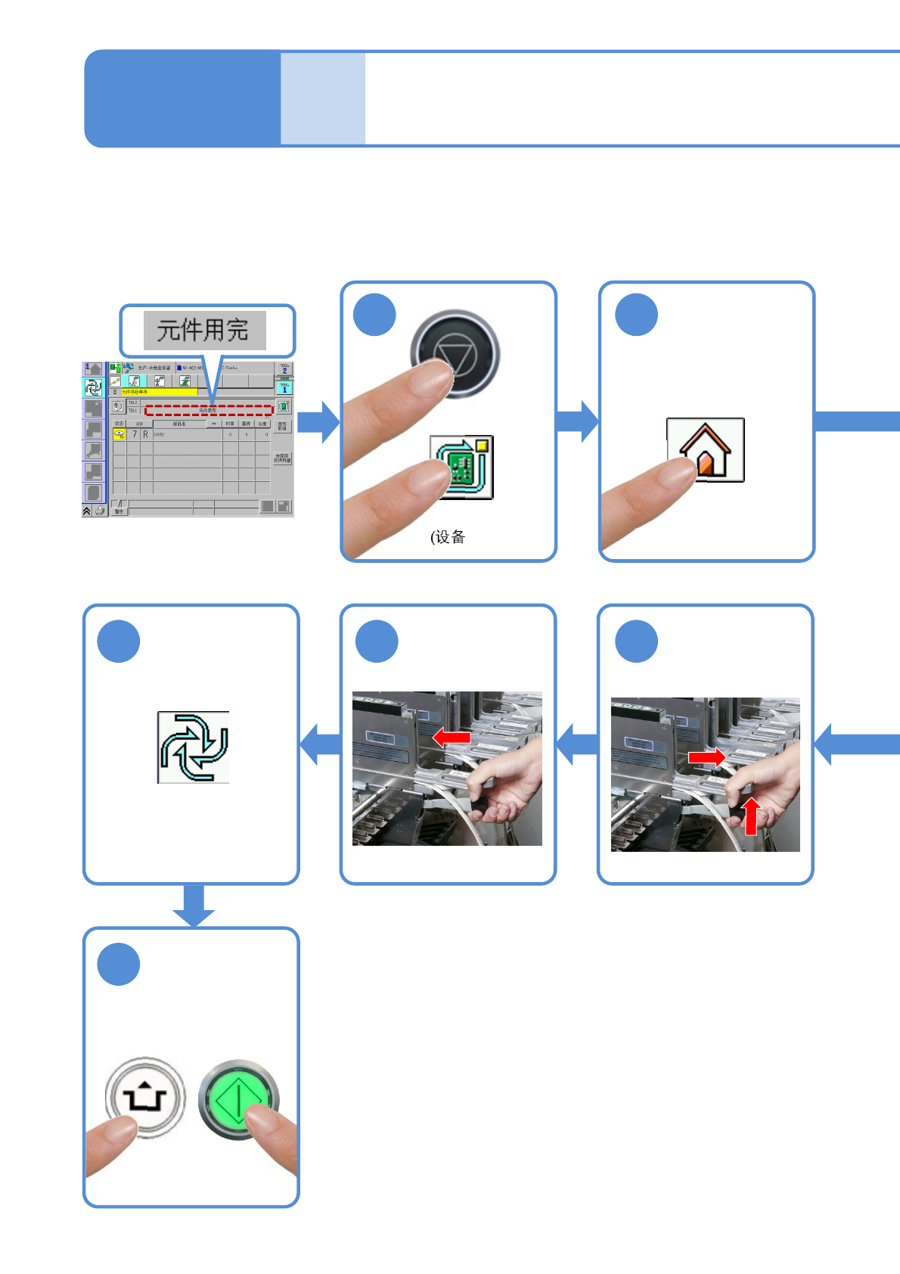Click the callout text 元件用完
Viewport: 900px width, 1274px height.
[x=204, y=331]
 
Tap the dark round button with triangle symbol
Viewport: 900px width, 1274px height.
[x=455, y=353]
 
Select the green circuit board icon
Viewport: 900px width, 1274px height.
[x=462, y=468]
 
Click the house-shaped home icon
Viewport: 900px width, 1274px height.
[x=706, y=450]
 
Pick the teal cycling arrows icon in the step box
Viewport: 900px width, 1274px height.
[x=193, y=747]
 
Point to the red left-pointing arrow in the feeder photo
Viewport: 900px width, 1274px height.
[x=451, y=737]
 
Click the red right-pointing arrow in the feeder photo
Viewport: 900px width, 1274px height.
[x=706, y=757]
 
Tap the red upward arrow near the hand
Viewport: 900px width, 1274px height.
[x=750, y=816]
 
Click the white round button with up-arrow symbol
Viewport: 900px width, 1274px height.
[x=145, y=1097]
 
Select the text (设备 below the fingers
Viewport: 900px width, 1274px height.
[x=448, y=537]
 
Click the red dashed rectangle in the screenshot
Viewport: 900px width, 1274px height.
[x=209, y=410]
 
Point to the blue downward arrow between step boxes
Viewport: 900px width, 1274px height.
[x=194, y=905]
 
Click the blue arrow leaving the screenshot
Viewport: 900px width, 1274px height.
[x=318, y=422]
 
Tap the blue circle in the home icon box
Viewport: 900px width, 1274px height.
[x=636, y=315]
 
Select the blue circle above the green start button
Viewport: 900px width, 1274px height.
[x=119, y=965]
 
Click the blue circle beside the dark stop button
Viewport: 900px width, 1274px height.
[x=375, y=315]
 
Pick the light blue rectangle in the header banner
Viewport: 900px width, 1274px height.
[x=323, y=98]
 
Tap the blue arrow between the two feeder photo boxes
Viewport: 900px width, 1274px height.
[x=577, y=744]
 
